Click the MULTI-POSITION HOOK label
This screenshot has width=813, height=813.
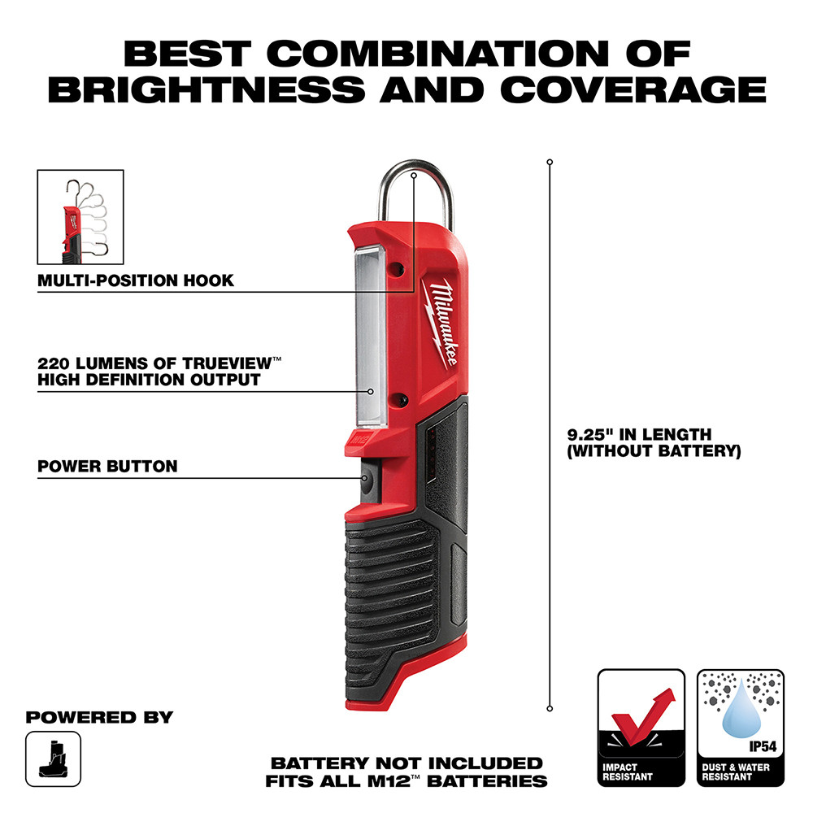(x=136, y=280)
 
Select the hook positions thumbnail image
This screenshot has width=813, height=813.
(x=80, y=216)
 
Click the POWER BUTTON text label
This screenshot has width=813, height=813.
(x=107, y=467)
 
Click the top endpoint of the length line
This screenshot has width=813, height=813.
(x=550, y=163)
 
